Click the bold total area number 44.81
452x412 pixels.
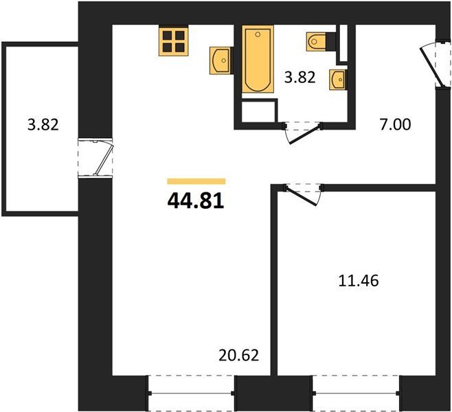click(196, 201)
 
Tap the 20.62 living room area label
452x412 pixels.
click(238, 355)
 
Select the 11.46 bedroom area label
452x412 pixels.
click(359, 281)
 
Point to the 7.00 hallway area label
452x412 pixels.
click(395, 125)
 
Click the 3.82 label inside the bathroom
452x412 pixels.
click(300, 78)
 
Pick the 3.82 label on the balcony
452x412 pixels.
click(43, 125)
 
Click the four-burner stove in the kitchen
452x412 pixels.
click(174, 41)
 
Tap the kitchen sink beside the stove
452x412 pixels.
click(221, 60)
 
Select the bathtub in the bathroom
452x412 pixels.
click(258, 59)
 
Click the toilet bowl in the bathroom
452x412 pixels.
click(316, 42)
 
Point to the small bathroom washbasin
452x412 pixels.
click(338, 80)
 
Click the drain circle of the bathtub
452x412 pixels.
click(258, 34)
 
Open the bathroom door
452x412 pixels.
click(303, 133)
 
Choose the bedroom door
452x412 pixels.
click(303, 195)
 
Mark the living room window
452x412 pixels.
click(191, 393)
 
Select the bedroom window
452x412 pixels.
click(356, 393)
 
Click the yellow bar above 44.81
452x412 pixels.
click(196, 181)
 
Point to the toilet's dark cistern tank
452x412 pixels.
click(331, 42)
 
